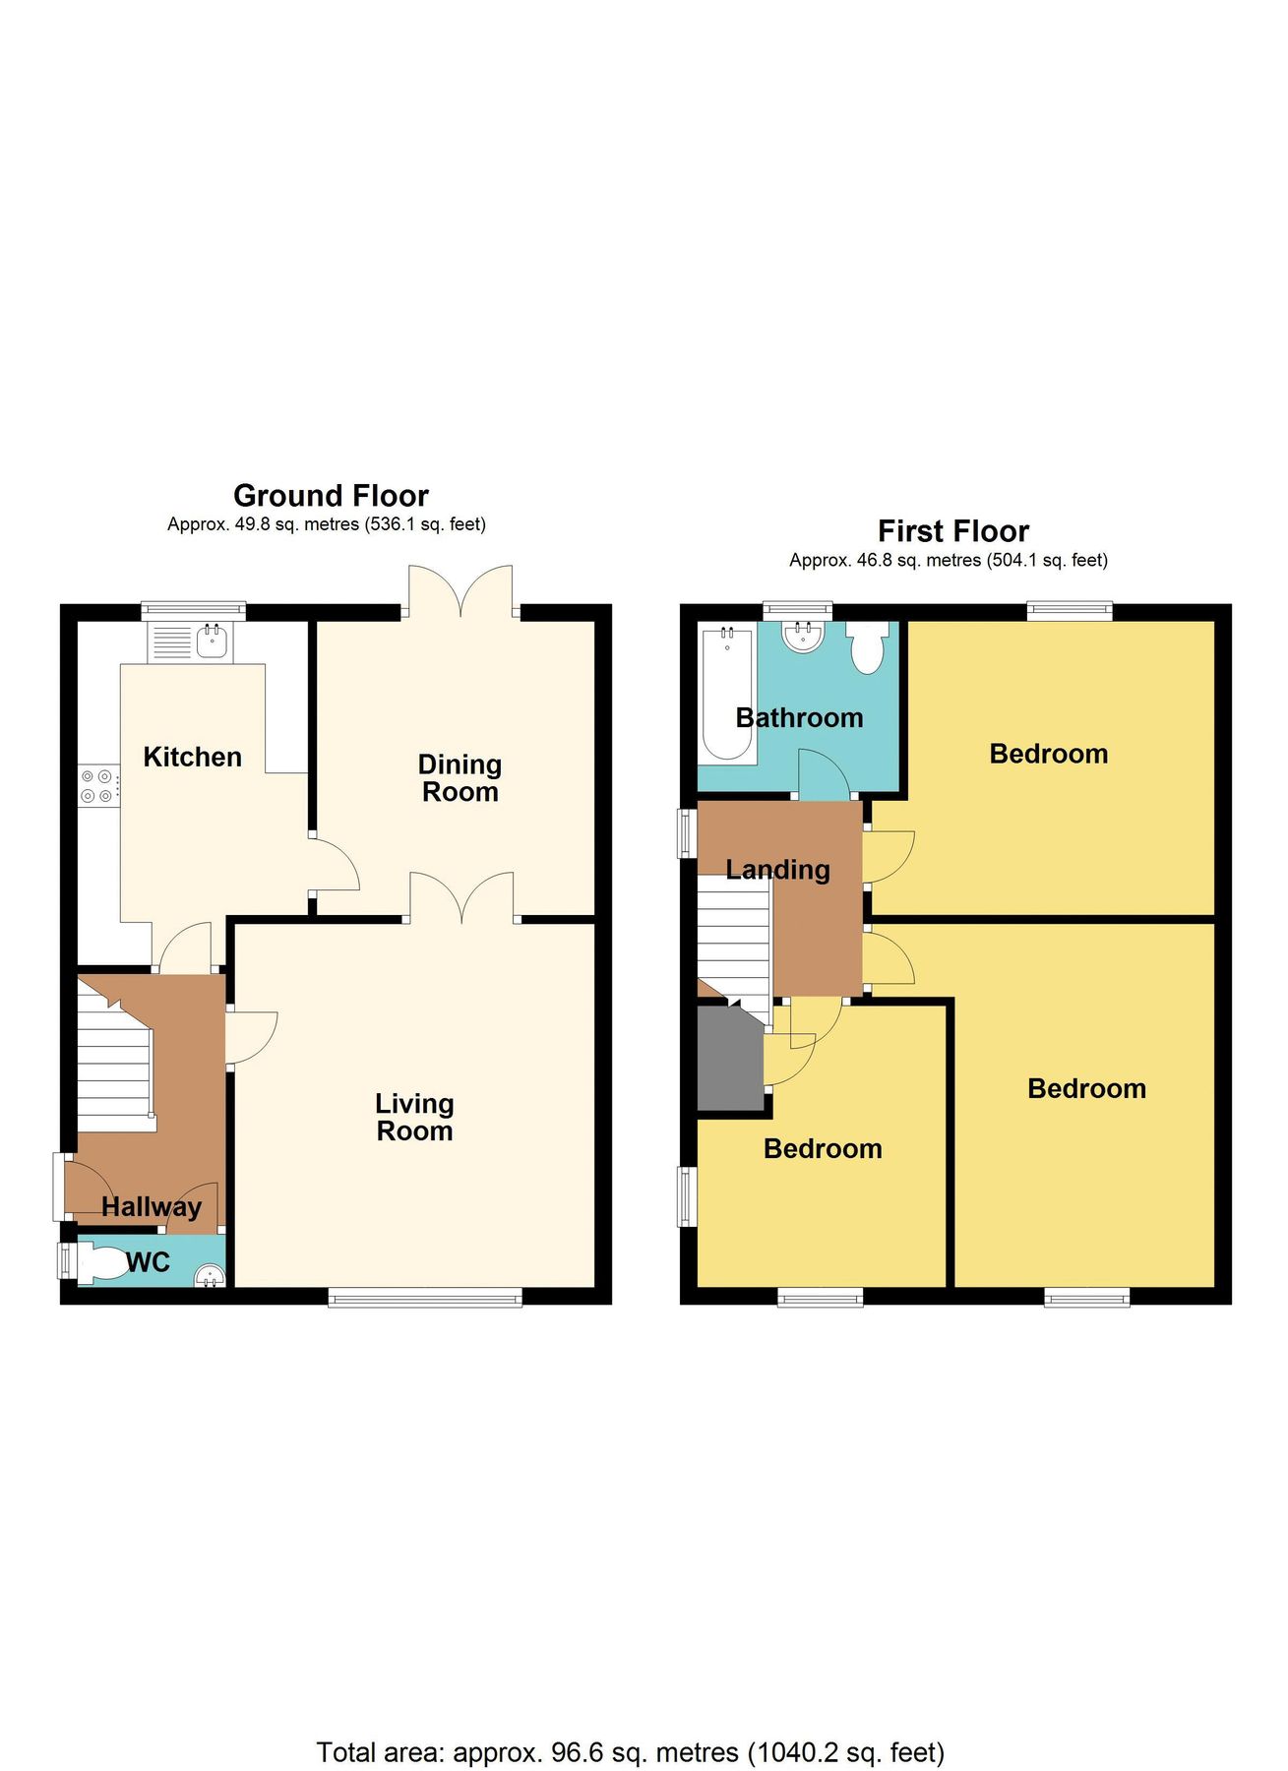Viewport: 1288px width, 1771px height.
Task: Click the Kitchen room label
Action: [192, 757]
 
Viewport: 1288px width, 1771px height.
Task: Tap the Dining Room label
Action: [460, 778]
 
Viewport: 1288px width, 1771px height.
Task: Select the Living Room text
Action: [414, 1118]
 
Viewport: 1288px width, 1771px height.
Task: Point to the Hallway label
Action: [151, 1206]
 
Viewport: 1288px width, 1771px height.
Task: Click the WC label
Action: [149, 1262]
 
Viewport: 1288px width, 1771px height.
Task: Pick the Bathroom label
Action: [799, 718]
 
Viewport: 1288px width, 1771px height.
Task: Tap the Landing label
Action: [777, 870]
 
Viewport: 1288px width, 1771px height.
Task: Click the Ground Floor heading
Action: [331, 495]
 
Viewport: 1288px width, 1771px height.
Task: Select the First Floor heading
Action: [952, 531]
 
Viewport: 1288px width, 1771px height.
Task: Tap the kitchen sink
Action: [213, 642]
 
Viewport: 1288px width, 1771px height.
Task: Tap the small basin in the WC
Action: [209, 1276]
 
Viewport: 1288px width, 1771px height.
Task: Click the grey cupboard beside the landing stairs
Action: [730, 1061]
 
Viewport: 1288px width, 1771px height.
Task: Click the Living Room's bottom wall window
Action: [425, 1299]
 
